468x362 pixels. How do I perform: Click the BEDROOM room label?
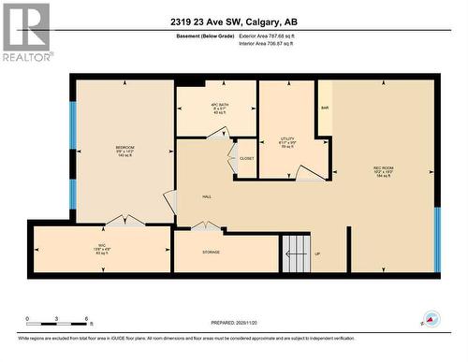(124, 148)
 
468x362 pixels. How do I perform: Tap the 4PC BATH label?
(217, 104)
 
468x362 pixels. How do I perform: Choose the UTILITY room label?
(287, 138)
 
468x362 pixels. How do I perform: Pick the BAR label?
(326, 109)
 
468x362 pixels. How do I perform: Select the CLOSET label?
(247, 158)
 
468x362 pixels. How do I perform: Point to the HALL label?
(207, 197)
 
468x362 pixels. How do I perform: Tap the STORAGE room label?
(212, 253)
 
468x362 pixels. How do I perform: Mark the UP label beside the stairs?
(316, 253)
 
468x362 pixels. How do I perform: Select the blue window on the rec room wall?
(436, 239)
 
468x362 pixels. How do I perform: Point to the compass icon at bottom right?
(431, 318)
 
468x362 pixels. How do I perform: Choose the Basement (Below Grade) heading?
(206, 35)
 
